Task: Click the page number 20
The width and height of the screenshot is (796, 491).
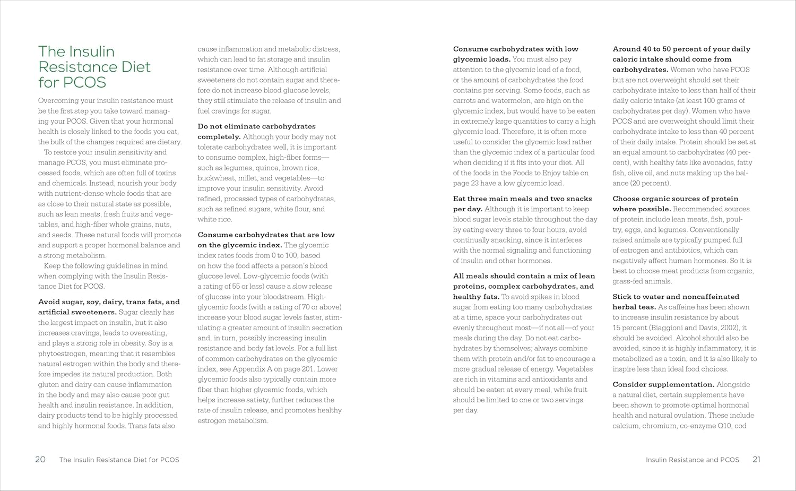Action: coord(40,460)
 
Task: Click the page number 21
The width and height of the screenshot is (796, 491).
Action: coord(757,460)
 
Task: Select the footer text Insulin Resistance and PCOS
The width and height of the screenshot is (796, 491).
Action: coord(692,460)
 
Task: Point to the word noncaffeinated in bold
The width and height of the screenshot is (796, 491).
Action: coord(710,297)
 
